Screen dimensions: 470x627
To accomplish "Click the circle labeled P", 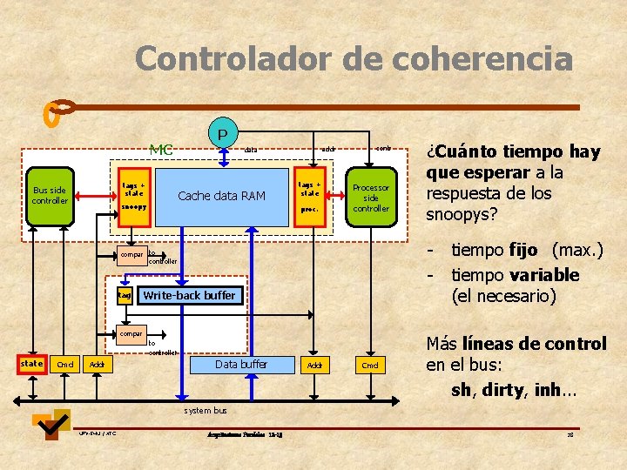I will point(223,134).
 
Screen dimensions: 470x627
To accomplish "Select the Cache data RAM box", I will point(221,196).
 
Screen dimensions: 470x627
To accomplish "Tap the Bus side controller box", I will point(50,196).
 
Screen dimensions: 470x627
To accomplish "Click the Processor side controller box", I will point(371,198).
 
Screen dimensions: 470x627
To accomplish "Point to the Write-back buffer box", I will point(189,296).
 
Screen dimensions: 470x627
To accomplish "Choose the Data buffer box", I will point(241,365).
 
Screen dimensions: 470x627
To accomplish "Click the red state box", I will point(31,364).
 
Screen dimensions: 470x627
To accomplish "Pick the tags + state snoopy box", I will point(134,197).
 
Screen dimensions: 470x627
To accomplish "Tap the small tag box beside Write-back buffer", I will point(124,296).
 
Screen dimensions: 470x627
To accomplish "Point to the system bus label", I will point(206,410).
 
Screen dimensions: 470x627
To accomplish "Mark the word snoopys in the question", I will point(463,213).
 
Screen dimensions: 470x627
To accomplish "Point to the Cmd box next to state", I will point(64,365).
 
